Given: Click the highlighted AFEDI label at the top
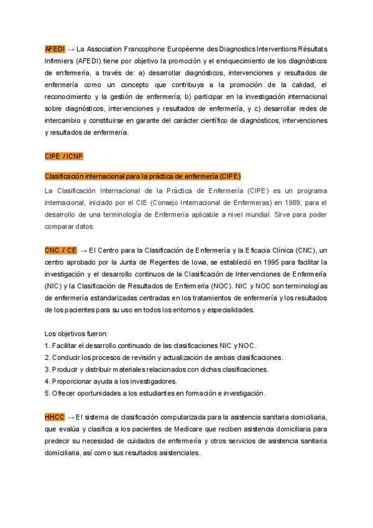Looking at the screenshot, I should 55,49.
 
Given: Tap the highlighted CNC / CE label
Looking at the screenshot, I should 60,250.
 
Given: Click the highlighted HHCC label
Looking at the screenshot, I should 55,417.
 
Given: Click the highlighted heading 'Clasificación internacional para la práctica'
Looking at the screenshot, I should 142,176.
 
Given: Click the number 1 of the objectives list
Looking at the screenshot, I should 47,346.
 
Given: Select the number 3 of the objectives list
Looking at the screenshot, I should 47,369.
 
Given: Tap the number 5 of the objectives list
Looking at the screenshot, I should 47,394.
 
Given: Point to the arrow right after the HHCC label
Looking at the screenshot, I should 71,417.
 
